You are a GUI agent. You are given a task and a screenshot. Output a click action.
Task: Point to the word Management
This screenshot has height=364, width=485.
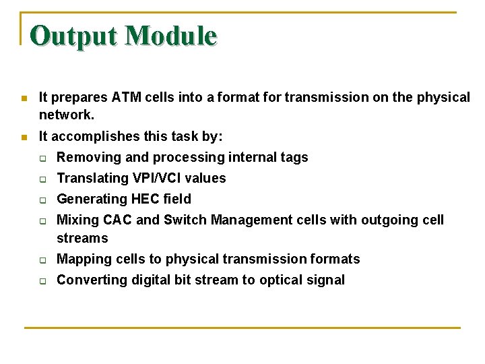pyautogui.click(x=249, y=220)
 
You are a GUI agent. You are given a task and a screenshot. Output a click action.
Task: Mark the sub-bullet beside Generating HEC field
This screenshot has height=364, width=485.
pyautogui.click(x=42, y=200)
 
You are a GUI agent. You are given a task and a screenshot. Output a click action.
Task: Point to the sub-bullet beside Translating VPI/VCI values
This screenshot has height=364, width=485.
pyautogui.click(x=42, y=179)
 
